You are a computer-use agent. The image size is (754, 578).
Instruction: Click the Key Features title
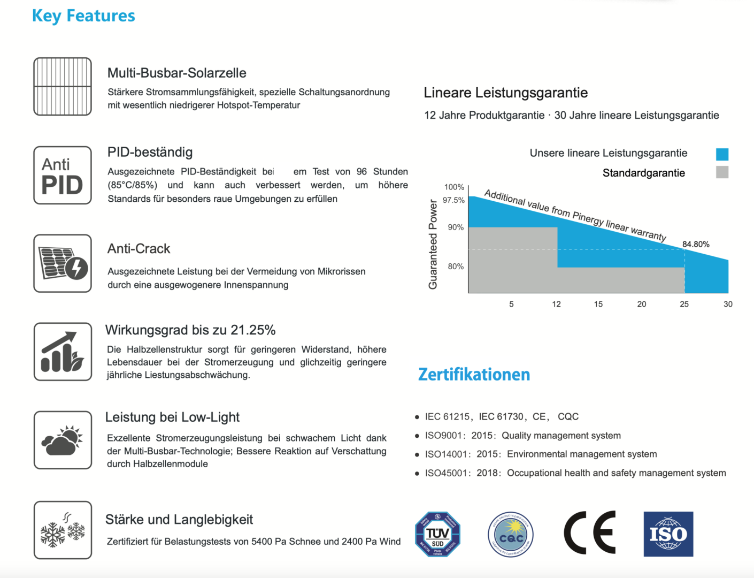(x=83, y=16)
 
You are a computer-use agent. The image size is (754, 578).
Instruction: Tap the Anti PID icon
(x=63, y=176)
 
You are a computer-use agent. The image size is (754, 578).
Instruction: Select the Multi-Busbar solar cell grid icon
(x=63, y=87)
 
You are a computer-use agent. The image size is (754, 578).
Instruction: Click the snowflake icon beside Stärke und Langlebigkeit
(x=63, y=530)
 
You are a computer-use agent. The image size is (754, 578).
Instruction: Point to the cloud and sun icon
(x=63, y=440)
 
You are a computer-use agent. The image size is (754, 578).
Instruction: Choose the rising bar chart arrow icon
(x=63, y=352)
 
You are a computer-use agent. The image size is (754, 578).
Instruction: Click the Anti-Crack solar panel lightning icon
(x=63, y=263)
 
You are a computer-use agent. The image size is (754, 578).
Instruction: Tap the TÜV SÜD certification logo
(x=437, y=534)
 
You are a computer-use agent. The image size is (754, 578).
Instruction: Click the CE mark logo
(x=590, y=533)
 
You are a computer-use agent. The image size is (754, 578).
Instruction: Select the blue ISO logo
(x=668, y=534)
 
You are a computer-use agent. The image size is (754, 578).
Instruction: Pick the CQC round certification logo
(x=511, y=534)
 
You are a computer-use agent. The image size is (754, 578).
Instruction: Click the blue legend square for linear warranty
(x=722, y=154)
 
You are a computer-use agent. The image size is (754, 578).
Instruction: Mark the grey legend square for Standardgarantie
(x=722, y=172)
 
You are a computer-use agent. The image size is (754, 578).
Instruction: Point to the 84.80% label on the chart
(x=696, y=245)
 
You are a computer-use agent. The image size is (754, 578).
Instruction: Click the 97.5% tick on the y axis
(x=453, y=200)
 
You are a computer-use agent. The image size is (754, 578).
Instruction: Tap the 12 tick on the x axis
(x=556, y=304)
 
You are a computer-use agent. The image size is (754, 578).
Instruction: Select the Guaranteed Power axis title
(x=433, y=244)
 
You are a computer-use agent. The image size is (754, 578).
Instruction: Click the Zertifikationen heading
(x=474, y=375)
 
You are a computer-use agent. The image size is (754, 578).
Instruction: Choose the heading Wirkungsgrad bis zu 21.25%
(x=190, y=330)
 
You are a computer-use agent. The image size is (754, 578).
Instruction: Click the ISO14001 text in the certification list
(x=445, y=454)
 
